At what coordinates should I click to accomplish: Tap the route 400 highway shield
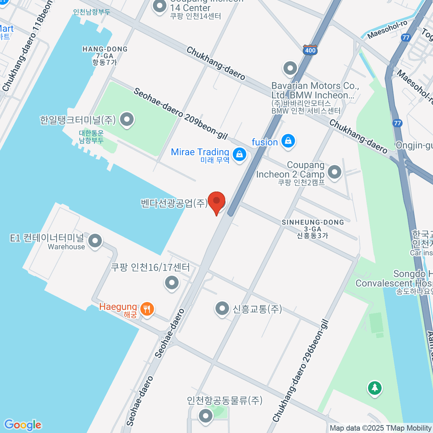coord(310,50)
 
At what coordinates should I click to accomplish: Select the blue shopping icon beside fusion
coord(288,141)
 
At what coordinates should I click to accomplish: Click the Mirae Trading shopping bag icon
coord(239,155)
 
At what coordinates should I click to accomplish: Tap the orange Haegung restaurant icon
coord(147,309)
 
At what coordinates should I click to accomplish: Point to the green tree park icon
coord(375,388)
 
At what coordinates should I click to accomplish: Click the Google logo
coord(23,425)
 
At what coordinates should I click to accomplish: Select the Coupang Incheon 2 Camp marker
coord(334,172)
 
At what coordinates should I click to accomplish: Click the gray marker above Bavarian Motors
coord(290,68)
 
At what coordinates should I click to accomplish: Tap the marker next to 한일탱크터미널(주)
coord(127,119)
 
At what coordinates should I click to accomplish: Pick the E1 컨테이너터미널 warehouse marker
coord(95,241)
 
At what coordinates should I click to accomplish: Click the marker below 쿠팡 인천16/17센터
coord(172,283)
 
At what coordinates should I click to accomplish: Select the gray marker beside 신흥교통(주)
coord(222,309)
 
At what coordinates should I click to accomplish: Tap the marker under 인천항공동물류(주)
coord(206,416)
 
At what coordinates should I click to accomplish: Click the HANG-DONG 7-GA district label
coord(105,56)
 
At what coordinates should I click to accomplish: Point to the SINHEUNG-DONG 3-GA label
coord(312,229)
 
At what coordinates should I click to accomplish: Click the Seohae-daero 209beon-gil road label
coord(180,113)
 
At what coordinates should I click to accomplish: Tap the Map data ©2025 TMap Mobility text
coord(380,428)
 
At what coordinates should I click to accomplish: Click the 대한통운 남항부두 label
coord(91,137)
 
